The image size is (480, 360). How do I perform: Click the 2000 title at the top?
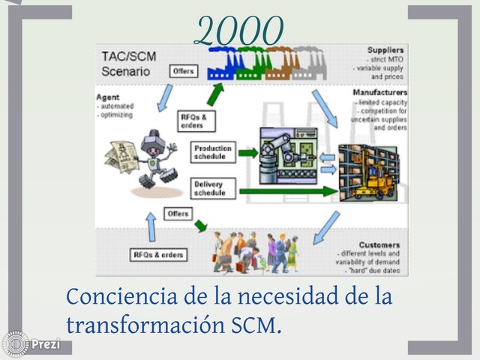(238, 31)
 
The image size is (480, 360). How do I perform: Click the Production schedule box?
(213, 152)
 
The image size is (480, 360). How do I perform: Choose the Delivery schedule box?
(213, 188)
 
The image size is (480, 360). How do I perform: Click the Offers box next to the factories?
(183, 71)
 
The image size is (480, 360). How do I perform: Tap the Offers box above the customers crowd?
(178, 214)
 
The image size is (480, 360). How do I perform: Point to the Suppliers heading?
(385, 50)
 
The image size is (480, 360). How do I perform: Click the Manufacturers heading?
(379, 92)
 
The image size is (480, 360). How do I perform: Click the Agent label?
(109, 97)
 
